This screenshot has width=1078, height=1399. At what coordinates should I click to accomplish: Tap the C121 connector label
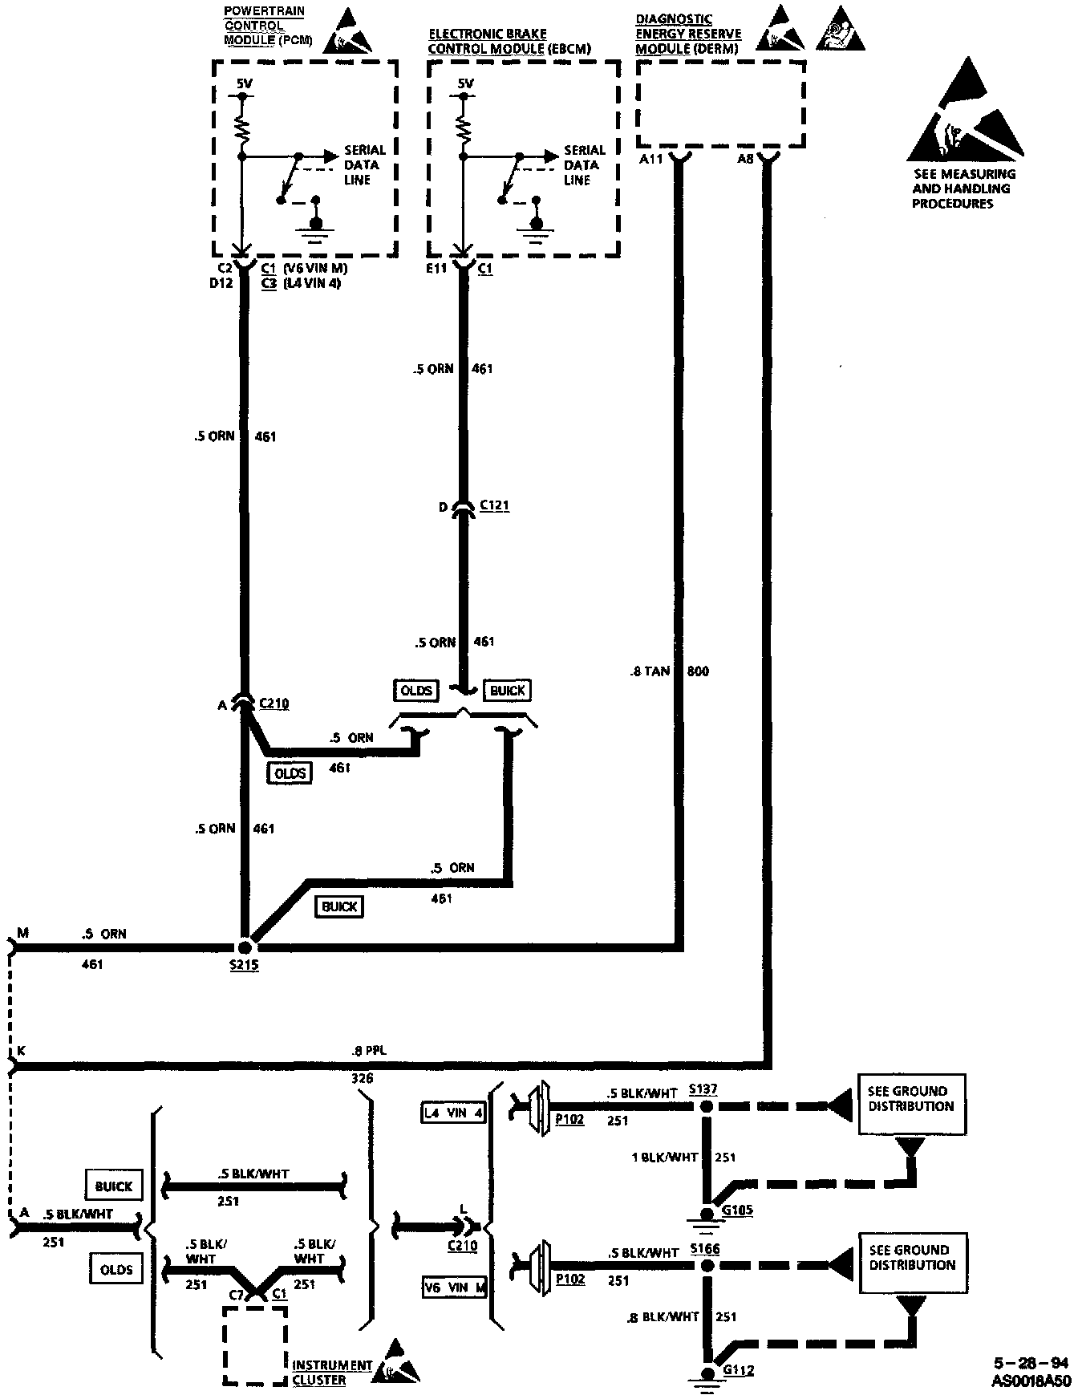click(x=494, y=506)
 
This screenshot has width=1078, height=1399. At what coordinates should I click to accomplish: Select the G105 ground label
click(x=738, y=1210)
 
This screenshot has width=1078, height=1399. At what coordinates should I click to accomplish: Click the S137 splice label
click(x=703, y=1090)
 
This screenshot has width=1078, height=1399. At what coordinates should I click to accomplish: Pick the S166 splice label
click(x=703, y=1249)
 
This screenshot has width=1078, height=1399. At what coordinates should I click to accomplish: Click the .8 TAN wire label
click(x=649, y=671)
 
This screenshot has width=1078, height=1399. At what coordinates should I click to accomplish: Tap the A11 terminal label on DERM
click(x=650, y=159)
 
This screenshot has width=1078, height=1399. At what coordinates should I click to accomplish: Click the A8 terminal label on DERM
click(x=745, y=159)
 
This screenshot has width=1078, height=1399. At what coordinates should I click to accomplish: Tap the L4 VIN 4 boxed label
click(x=455, y=1113)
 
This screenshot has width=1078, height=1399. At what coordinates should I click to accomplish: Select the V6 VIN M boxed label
click(x=455, y=1289)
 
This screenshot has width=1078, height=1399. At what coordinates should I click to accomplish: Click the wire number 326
click(x=362, y=1079)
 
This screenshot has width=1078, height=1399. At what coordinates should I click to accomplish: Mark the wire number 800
click(x=699, y=671)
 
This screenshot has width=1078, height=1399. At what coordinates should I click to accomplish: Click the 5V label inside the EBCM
click(x=465, y=83)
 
